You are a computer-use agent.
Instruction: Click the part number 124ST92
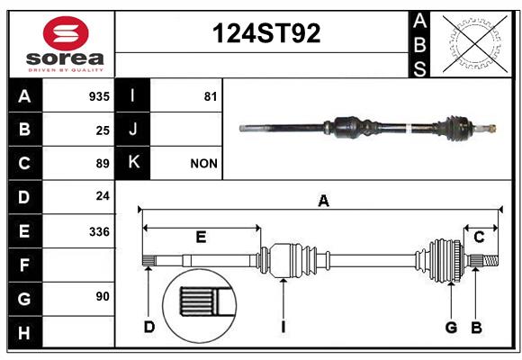(x=266, y=33)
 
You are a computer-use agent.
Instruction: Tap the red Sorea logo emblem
(x=66, y=33)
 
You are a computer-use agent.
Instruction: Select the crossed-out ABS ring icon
(x=475, y=43)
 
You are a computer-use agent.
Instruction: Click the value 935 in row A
(x=99, y=96)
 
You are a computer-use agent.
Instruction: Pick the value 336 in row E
(x=99, y=231)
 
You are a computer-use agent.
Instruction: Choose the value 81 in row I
(x=211, y=96)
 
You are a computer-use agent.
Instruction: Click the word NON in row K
(x=203, y=164)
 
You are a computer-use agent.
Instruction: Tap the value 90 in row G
(x=103, y=296)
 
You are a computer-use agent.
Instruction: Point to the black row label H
(x=25, y=332)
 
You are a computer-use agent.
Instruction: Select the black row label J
(x=133, y=129)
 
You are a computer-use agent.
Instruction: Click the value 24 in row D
(x=103, y=195)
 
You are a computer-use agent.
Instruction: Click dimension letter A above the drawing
(x=323, y=201)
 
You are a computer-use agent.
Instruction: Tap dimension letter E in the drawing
(x=201, y=237)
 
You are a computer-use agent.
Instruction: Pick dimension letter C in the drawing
(x=479, y=237)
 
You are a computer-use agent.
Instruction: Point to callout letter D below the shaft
(x=149, y=327)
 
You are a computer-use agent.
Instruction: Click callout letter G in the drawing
(x=451, y=328)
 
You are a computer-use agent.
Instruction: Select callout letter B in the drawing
(x=476, y=328)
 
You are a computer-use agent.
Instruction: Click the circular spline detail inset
(x=200, y=306)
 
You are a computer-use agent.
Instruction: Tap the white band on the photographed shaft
(x=409, y=129)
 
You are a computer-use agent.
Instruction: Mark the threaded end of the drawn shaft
(x=491, y=260)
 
